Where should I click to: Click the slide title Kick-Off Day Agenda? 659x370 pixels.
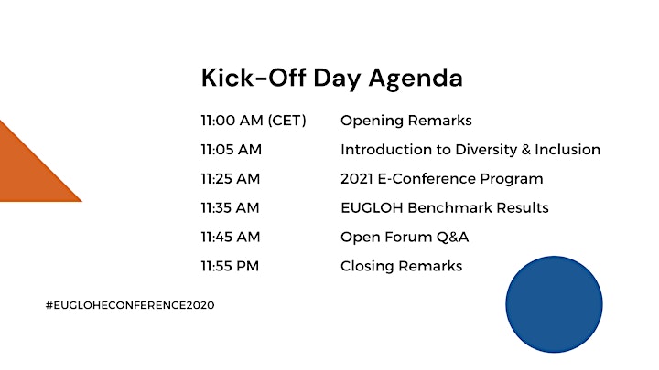332,79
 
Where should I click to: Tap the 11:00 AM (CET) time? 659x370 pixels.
254,121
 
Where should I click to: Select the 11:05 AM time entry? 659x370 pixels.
232,149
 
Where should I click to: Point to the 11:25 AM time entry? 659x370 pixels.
231,179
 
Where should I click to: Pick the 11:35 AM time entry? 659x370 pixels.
230,207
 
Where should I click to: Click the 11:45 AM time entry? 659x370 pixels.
231,237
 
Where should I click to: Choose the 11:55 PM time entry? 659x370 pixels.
230,266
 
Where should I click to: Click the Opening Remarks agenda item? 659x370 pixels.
406,122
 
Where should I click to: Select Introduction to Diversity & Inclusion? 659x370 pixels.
470,150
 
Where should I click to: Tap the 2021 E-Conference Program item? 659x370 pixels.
442,179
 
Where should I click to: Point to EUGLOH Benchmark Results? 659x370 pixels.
445,207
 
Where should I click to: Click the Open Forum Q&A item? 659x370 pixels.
405,238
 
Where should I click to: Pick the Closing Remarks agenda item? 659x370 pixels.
402,267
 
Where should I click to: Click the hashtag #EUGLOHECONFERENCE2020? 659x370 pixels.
130,305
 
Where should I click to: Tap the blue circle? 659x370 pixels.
554,304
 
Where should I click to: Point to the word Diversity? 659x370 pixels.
486,150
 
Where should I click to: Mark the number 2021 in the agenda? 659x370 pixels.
357,179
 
